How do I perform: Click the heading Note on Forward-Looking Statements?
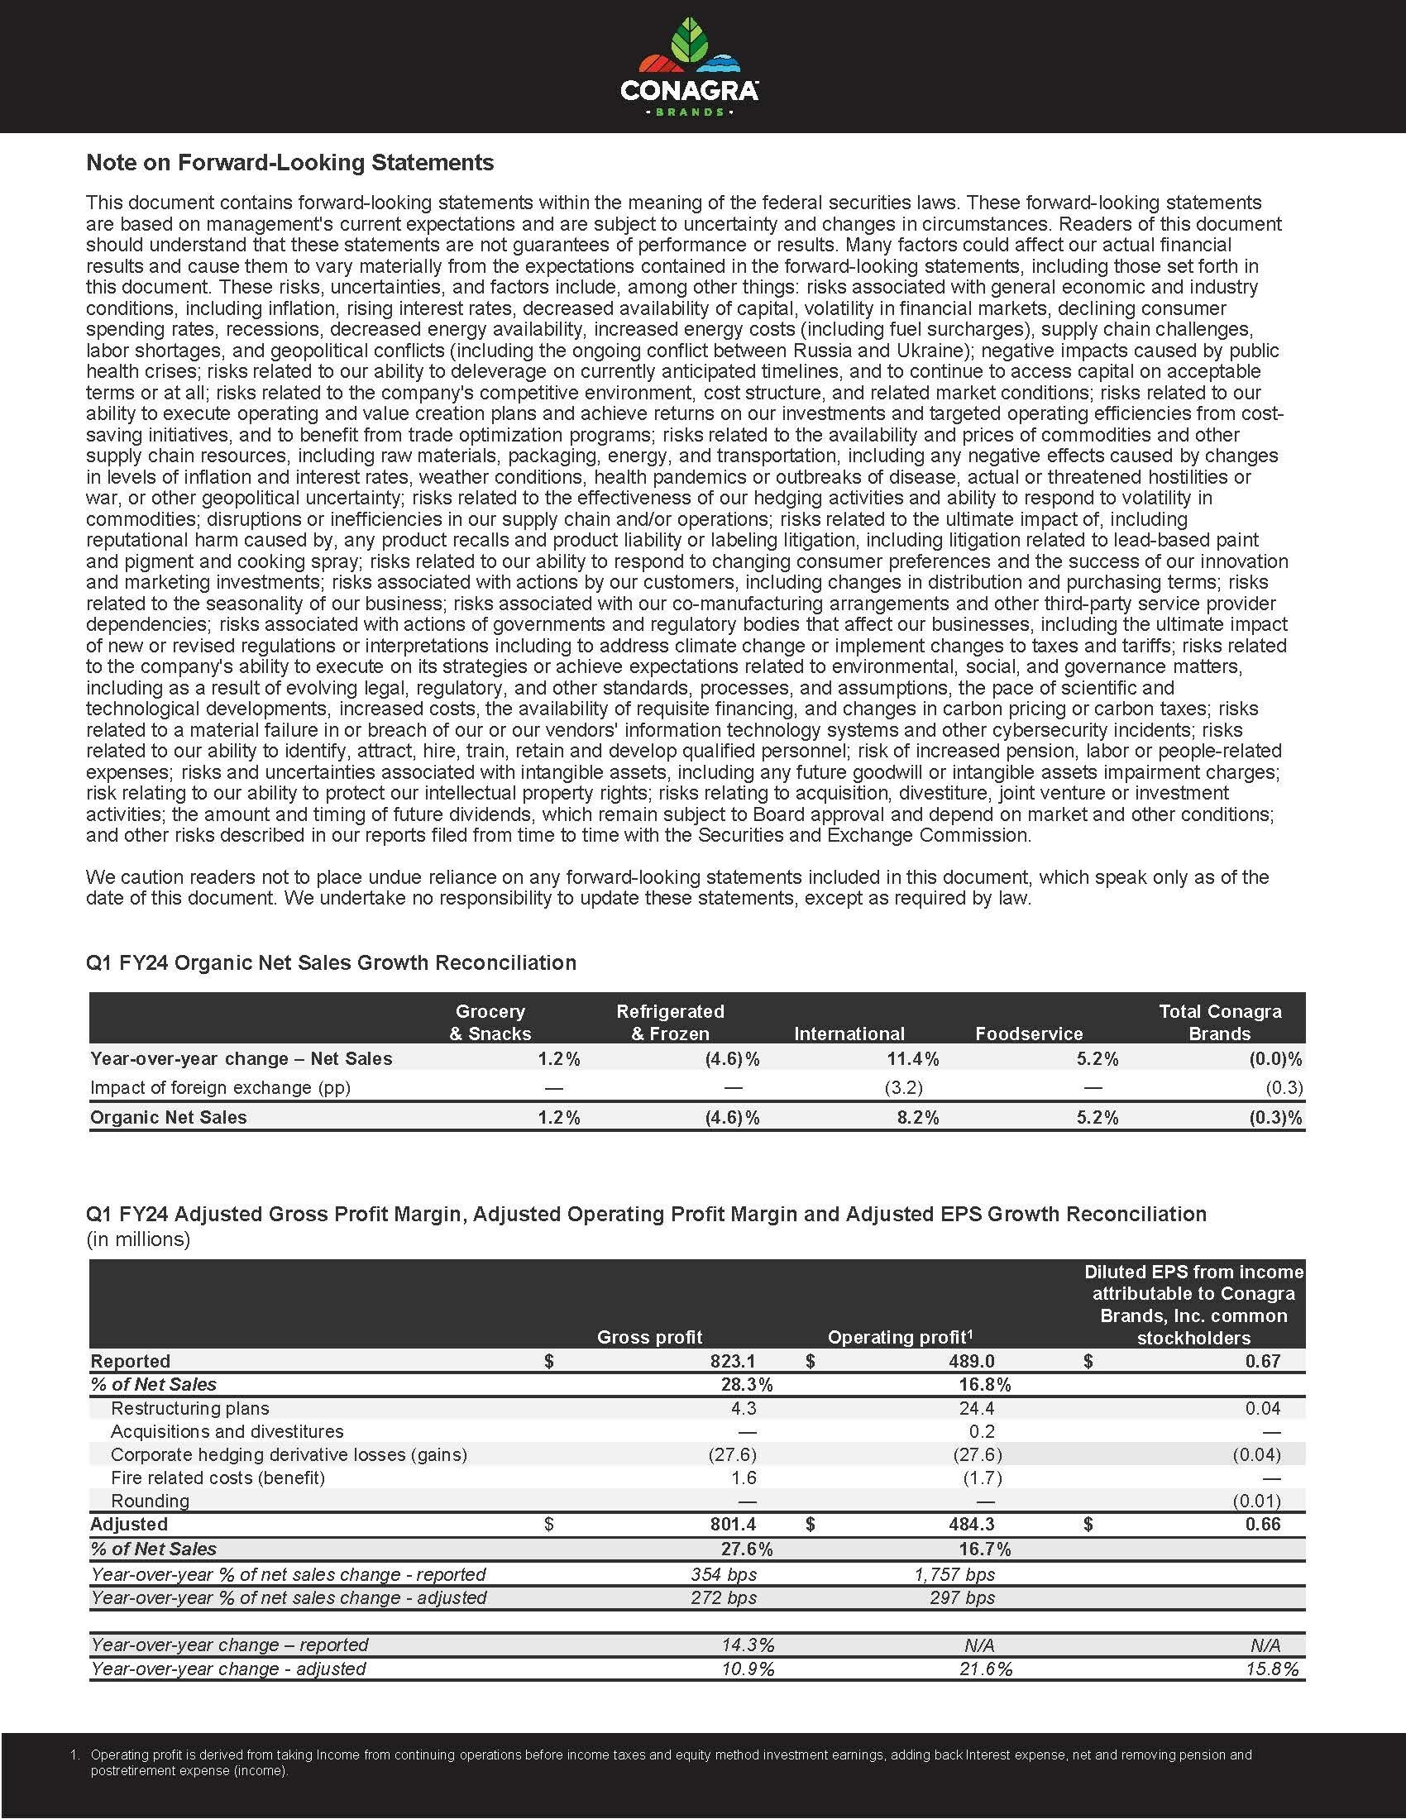click(289, 162)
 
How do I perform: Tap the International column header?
click(849, 1034)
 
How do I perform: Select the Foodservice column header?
click(1029, 1034)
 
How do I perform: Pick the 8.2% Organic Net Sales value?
click(917, 1117)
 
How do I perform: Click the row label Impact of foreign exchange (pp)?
click(220, 1088)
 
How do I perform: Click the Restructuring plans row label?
click(190, 1408)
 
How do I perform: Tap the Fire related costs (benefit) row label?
click(218, 1478)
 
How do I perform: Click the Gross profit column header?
click(650, 1337)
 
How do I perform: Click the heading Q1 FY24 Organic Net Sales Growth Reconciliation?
click(331, 962)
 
